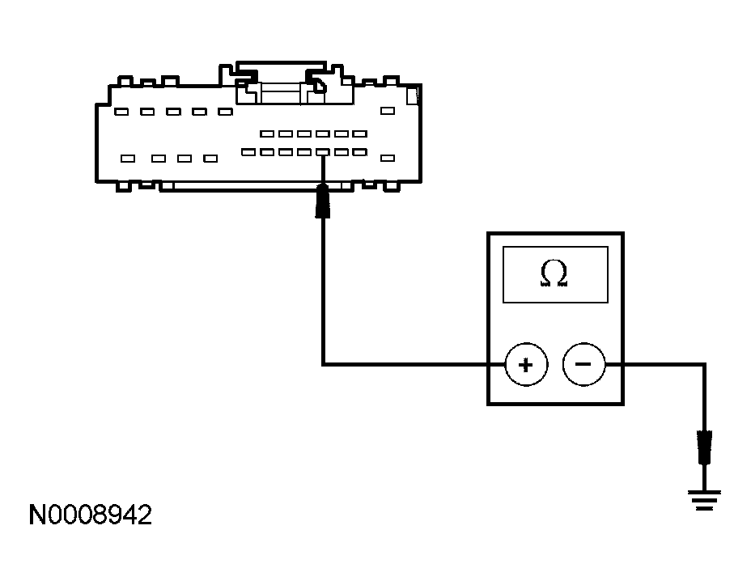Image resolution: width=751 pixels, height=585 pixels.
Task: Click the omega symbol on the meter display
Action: click(x=554, y=275)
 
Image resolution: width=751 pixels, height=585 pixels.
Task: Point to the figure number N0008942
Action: click(x=91, y=516)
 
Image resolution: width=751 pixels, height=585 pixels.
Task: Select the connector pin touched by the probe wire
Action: click(x=323, y=152)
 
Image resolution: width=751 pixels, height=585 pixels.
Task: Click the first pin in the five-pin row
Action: click(x=121, y=112)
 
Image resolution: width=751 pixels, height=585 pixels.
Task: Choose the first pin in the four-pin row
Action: click(x=128, y=159)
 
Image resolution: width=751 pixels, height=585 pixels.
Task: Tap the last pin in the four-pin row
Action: click(x=210, y=159)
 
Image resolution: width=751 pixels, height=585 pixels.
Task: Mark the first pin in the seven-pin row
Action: click(x=248, y=152)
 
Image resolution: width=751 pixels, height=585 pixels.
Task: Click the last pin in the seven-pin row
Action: click(x=359, y=152)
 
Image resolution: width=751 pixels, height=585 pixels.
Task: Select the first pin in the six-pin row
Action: click(x=266, y=134)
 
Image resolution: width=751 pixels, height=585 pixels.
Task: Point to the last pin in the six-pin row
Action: click(x=359, y=134)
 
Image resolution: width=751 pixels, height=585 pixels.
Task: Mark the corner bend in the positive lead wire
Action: click(x=323, y=364)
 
